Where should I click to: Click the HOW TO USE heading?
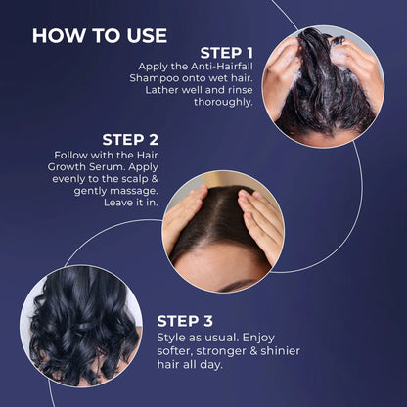[100, 35]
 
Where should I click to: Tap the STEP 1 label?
[226, 52]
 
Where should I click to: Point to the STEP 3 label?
[192, 320]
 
